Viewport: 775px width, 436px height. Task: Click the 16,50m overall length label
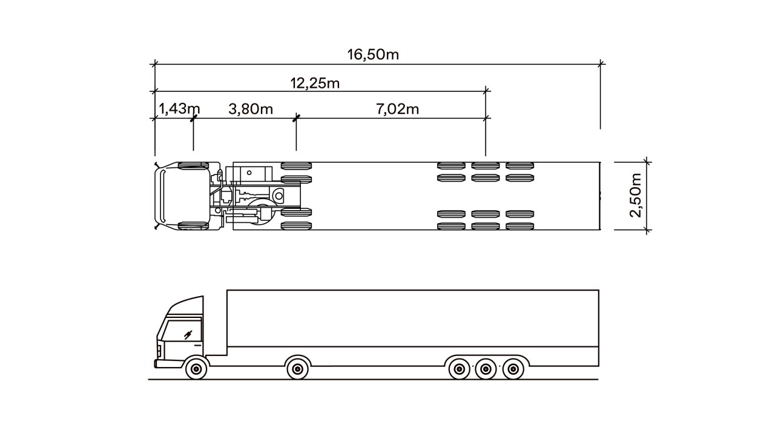point(373,54)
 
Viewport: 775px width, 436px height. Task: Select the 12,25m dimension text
point(315,83)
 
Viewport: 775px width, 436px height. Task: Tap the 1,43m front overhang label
point(179,109)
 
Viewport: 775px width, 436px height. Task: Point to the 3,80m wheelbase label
point(251,109)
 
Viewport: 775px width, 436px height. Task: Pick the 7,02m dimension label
point(397,109)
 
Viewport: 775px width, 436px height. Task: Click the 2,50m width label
point(635,195)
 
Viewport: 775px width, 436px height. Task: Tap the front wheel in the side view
point(196,368)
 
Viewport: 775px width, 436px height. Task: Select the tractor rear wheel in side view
point(297,368)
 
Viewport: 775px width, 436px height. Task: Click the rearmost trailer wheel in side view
point(512,368)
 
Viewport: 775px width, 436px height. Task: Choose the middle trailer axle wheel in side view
point(486,368)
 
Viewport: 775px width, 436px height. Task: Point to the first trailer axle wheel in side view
point(459,368)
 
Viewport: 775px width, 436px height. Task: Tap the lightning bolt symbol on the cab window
point(188,334)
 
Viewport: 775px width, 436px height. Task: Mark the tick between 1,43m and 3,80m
point(193,118)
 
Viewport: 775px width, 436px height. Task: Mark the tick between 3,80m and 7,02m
point(296,118)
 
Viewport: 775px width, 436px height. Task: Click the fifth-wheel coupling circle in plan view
point(279,196)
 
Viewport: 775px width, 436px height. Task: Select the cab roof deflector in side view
point(188,303)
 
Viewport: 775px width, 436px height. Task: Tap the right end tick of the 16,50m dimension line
point(601,63)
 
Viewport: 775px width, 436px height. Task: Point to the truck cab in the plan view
point(182,196)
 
